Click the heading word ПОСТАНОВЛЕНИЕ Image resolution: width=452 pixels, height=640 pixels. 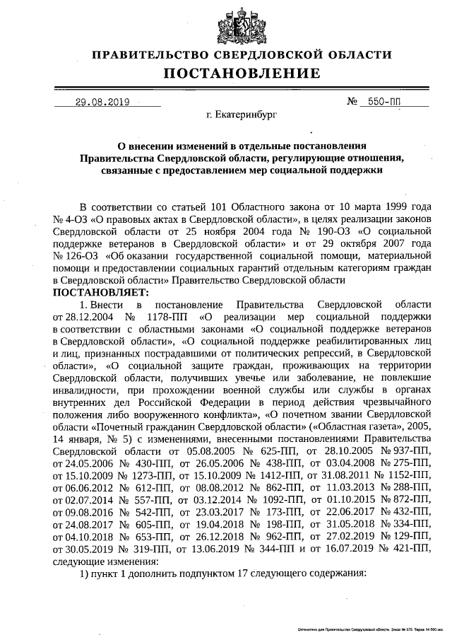click(x=242, y=74)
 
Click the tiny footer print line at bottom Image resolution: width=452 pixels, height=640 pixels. click(x=371, y=629)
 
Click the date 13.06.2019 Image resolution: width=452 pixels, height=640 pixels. click(x=213, y=535)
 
